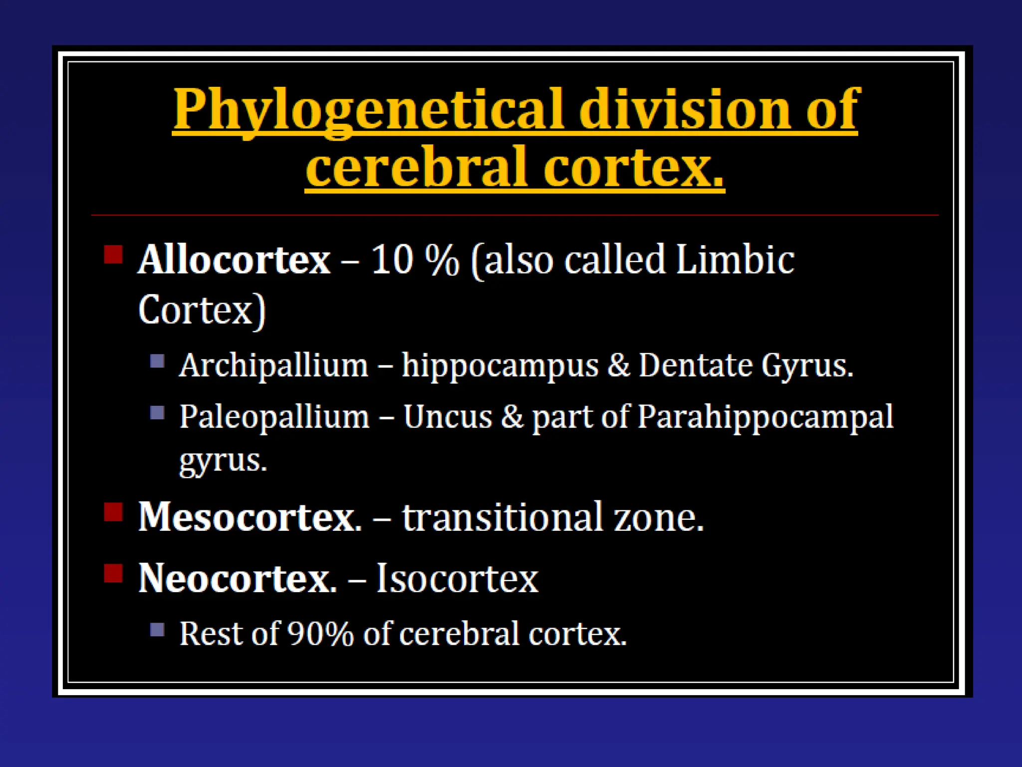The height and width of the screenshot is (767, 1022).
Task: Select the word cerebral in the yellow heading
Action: pyautogui.click(x=417, y=167)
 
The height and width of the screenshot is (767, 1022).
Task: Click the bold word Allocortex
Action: pyautogui.click(x=234, y=260)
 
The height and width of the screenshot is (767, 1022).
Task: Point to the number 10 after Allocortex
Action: pyautogui.click(x=392, y=260)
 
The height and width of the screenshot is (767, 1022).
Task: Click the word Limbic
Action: pyautogui.click(x=735, y=260)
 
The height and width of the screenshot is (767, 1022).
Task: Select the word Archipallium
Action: pyautogui.click(x=273, y=366)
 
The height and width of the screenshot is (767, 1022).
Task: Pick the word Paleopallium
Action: pyautogui.click(x=274, y=417)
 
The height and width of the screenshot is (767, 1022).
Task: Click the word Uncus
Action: pyautogui.click(x=448, y=417)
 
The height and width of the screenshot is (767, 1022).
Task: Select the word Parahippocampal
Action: pyautogui.click(x=766, y=418)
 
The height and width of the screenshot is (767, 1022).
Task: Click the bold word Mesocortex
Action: pyautogui.click(x=250, y=517)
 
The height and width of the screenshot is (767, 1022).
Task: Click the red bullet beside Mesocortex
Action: pyautogui.click(x=113, y=512)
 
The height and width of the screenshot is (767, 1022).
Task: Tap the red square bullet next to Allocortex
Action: pyautogui.click(x=113, y=254)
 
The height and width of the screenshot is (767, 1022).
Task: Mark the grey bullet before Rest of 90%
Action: pyautogui.click(x=157, y=629)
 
